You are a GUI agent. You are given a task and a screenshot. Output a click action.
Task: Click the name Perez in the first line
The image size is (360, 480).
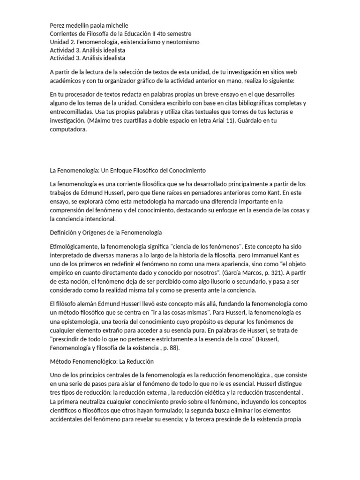[58, 25]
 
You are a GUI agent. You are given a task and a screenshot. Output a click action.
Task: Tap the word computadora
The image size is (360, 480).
[68, 129]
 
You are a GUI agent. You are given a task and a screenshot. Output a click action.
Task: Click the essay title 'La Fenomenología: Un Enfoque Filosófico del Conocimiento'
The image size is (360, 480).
[128, 170]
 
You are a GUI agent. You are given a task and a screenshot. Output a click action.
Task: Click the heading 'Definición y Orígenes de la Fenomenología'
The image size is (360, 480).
[106, 232]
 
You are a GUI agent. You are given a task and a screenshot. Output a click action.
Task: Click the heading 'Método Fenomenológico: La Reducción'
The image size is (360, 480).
[102, 362]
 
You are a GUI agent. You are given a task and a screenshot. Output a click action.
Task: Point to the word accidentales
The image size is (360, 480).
[68, 417]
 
